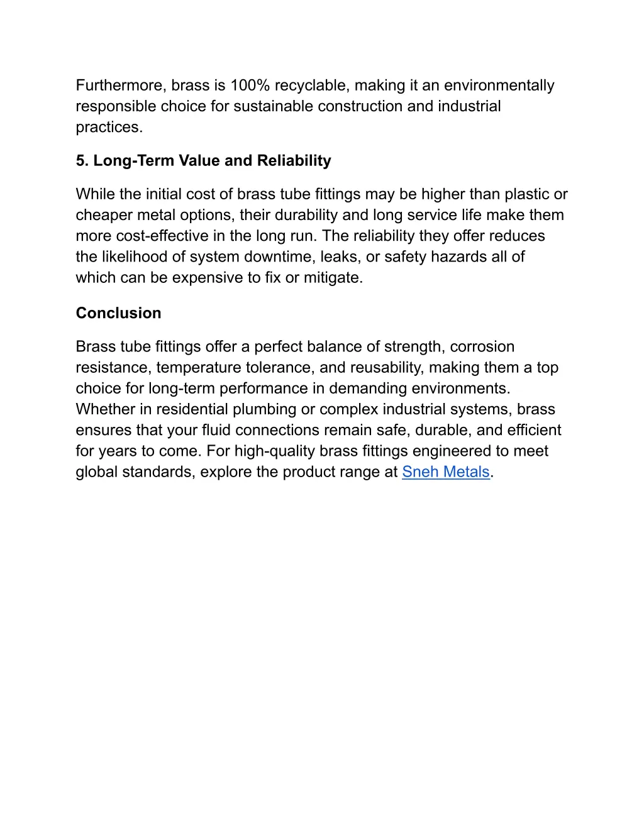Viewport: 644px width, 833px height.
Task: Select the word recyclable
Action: click(x=311, y=86)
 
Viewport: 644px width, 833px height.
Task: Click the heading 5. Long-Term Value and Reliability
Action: click(x=203, y=161)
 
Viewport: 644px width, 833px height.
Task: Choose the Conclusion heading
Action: click(x=118, y=313)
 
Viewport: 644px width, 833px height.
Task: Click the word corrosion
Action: click(x=482, y=346)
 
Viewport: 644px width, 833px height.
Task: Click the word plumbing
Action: click(x=264, y=409)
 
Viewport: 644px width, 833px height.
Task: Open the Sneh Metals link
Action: click(x=445, y=472)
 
